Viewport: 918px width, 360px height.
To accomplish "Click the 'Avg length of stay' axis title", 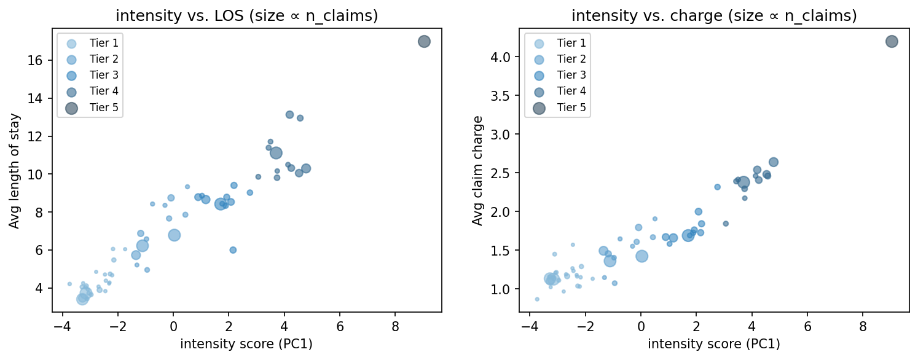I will coord(14,171).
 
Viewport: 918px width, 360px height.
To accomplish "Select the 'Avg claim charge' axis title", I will coord(477,171).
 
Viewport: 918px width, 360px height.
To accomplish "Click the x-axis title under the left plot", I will coord(246,345).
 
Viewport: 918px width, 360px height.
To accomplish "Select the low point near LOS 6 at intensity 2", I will coord(233,250).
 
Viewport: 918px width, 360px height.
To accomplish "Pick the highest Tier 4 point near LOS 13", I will coord(289,115).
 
